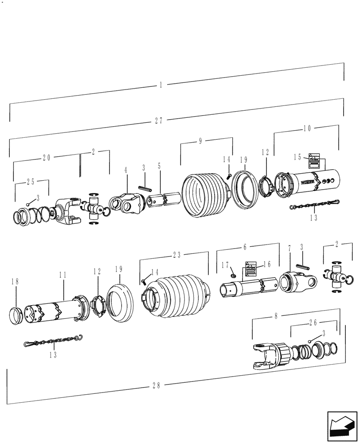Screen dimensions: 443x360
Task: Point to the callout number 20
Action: (47, 157)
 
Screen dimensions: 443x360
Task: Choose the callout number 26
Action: (313, 324)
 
